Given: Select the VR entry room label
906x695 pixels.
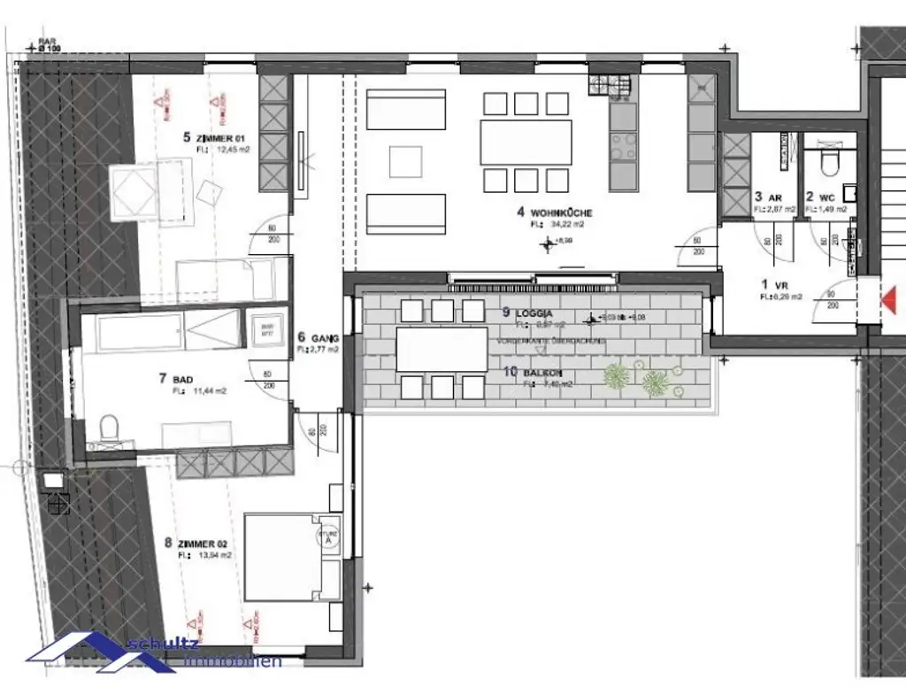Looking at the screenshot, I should pyautogui.click(x=779, y=285).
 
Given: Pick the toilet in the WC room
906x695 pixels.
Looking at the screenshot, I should pyautogui.click(x=830, y=163).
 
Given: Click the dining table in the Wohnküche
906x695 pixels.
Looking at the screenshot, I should pyautogui.click(x=526, y=142).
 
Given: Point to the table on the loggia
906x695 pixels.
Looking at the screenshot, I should pyautogui.click(x=441, y=349).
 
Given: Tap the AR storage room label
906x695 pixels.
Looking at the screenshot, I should pyautogui.click(x=771, y=197).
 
